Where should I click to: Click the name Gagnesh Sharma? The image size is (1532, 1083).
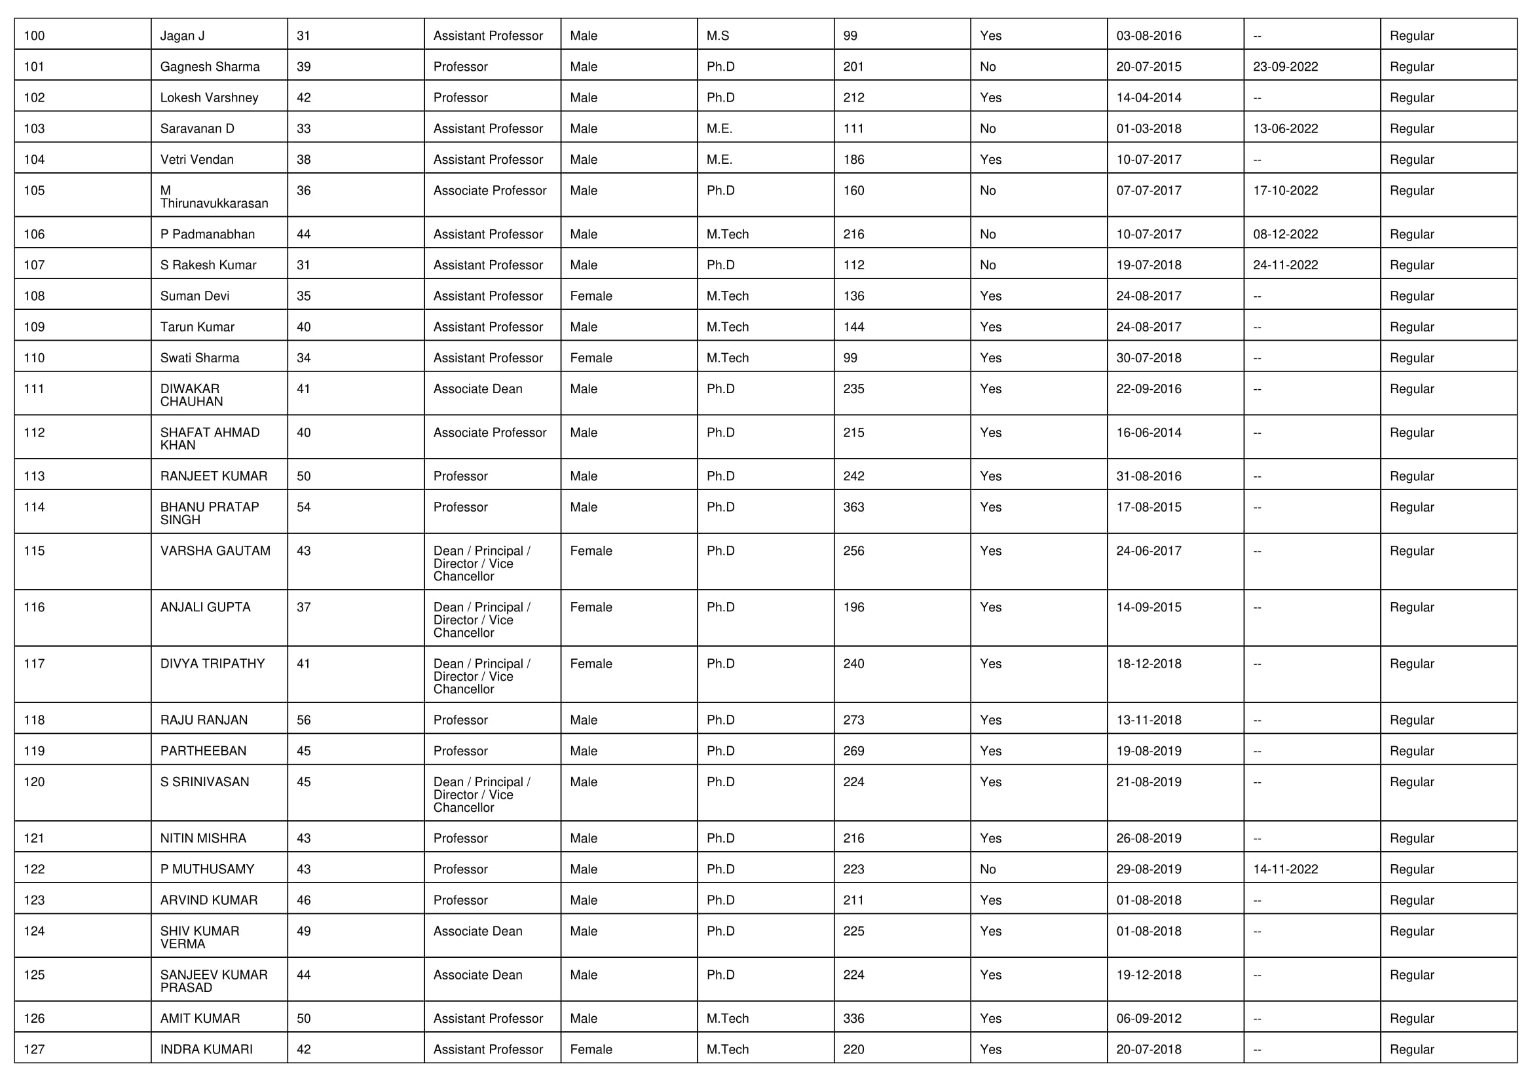pos(210,67)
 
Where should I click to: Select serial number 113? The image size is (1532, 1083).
pos(34,476)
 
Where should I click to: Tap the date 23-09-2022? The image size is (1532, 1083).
pos(1285,67)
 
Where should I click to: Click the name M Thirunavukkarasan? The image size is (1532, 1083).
pos(214,197)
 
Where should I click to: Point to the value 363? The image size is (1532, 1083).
pos(853,507)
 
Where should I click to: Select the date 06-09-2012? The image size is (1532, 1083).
pos(1148,1018)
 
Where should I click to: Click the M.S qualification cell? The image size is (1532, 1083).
pos(718,36)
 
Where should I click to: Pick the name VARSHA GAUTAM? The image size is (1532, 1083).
pos(215,551)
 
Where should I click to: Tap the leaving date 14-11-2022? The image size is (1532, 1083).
pos(1285,869)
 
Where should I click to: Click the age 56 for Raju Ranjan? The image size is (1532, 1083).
pos(304,720)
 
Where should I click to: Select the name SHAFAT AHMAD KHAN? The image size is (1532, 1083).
pos(210,439)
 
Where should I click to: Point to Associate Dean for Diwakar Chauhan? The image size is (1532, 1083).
pos(477,389)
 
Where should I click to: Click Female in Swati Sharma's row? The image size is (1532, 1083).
pos(591,358)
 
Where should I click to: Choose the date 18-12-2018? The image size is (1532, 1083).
pos(1148,664)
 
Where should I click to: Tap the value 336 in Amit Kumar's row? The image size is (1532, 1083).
pos(853,1018)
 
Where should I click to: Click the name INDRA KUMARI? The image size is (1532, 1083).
pos(206,1050)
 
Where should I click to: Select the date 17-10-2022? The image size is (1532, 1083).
pos(1285,191)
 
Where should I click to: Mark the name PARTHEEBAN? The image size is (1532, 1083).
pos(203,751)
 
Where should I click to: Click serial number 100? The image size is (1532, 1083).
pos(34,36)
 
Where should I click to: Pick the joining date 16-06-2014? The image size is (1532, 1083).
pos(1148,433)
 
